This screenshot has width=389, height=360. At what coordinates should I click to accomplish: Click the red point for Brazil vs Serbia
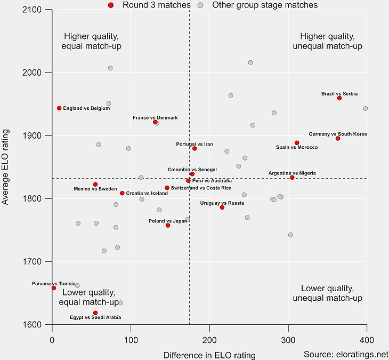point(339,98)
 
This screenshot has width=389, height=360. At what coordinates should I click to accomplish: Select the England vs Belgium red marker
point(59,108)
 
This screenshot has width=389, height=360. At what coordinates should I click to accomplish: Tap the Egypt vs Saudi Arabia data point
point(95,313)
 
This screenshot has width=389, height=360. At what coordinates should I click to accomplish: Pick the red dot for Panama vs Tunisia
point(54,288)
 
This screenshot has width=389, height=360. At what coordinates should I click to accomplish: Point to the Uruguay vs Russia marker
point(222,207)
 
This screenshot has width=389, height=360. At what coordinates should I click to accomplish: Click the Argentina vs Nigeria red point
point(292,178)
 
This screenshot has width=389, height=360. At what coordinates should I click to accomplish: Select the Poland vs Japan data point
point(168,226)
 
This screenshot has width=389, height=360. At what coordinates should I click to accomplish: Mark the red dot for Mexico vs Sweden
point(95,185)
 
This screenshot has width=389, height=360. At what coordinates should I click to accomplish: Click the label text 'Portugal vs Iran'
point(194,144)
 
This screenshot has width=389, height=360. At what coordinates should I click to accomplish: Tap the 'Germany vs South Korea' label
point(338,134)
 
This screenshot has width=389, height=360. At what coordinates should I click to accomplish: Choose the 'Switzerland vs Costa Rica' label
point(201,188)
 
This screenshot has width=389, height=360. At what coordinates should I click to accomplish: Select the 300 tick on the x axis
point(288,340)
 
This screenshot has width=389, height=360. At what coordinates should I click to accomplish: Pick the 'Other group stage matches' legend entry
point(264,5)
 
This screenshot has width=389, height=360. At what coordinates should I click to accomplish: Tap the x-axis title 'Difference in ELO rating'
point(209,355)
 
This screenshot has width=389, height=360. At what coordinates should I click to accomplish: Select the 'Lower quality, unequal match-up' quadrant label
point(327,293)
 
